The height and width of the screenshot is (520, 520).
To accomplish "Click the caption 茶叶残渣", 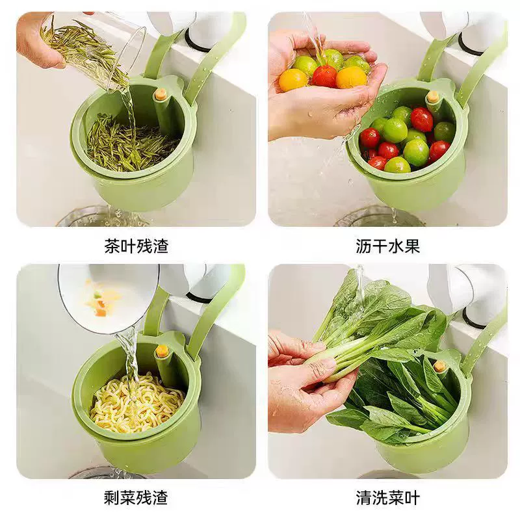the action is tap(136, 246).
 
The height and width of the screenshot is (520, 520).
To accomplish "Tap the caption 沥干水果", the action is tap(388, 246).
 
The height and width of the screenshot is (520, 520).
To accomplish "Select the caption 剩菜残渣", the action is tap(136, 497).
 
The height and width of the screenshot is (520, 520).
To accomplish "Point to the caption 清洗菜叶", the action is tap(388, 497).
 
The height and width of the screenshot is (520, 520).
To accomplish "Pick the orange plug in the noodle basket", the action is tap(161, 350).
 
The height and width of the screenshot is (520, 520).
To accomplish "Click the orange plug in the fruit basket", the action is tap(432, 96).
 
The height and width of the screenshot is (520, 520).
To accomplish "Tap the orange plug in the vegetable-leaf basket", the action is tap(439, 366).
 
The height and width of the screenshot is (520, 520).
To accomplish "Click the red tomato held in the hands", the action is tap(324, 76).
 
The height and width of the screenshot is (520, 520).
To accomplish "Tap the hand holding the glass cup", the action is tap(38, 40).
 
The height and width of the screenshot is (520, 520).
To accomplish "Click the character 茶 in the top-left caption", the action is tap(112, 246).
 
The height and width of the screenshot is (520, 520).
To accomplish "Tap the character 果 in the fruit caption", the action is tap(412, 246).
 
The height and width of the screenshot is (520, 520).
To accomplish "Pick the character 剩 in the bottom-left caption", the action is tap(112, 497).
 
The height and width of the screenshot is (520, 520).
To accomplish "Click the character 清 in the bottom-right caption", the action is tap(364, 497).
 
